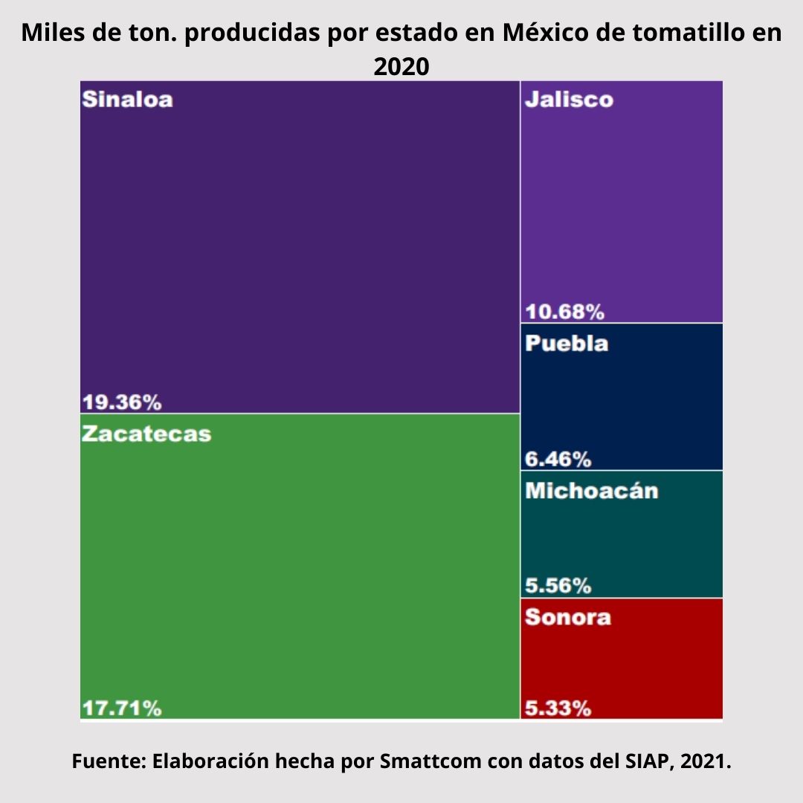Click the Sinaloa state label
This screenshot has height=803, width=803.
point(127,100)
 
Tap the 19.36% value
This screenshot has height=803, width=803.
point(121,403)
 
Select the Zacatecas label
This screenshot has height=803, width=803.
point(146,433)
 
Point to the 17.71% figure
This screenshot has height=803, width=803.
point(121,709)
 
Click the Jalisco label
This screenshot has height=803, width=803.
point(569,100)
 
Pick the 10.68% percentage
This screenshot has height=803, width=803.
point(564,312)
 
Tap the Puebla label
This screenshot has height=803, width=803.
point(567,344)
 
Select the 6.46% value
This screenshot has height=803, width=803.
point(558,459)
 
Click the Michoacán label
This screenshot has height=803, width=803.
point(591,491)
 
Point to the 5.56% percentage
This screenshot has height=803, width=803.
point(558,586)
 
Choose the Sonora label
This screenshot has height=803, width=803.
point(568,617)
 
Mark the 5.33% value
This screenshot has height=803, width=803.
point(558,709)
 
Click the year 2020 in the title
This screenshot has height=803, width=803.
point(401,66)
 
